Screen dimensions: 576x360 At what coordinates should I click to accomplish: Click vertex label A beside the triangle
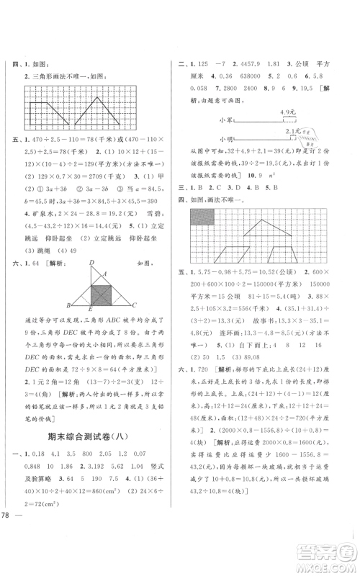(104, 273)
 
